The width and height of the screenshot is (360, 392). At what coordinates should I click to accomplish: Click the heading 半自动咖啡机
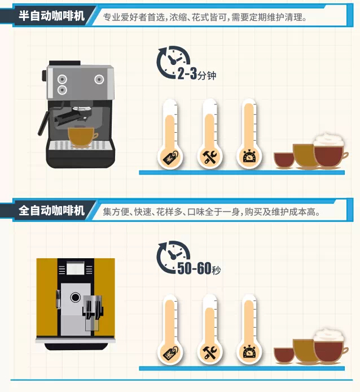coord(52,16)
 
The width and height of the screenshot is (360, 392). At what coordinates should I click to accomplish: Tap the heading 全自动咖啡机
coord(52,211)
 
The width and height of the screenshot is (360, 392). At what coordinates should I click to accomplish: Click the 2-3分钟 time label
coord(197,74)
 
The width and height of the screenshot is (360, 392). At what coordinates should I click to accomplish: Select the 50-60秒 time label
coord(199,268)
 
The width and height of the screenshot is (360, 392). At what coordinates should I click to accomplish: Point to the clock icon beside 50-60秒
coord(172,257)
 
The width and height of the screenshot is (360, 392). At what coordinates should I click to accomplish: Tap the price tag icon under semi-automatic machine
coord(170,158)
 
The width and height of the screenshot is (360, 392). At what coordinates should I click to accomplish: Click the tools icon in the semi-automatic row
coord(210,158)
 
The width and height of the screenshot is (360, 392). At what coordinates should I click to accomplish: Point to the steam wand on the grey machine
coord(43,123)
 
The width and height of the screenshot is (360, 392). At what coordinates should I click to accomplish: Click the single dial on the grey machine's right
coord(99,80)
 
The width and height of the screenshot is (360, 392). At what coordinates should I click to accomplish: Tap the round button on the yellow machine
coord(76,298)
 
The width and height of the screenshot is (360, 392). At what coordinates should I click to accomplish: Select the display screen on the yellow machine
coord(76,268)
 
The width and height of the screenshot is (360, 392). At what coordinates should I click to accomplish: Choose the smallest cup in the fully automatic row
coord(284,355)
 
